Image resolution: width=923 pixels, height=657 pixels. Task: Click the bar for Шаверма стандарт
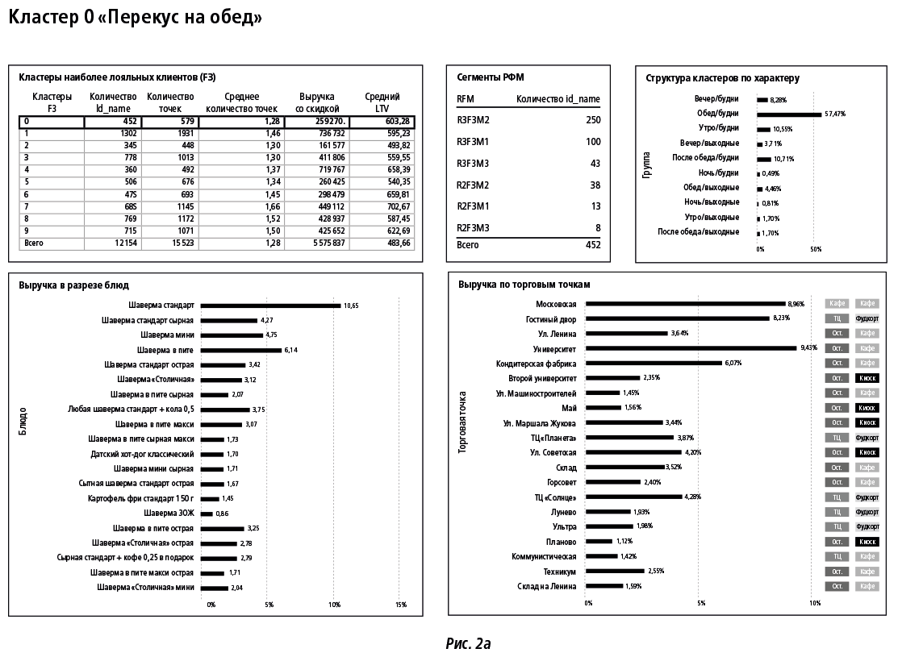pos(270,306)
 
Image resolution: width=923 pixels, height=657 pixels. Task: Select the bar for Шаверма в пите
pos(240,350)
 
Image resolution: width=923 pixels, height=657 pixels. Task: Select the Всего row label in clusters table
pos(33,243)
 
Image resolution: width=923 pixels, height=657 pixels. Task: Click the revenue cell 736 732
pos(319,134)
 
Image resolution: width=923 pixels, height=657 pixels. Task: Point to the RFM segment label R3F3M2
pos(473,119)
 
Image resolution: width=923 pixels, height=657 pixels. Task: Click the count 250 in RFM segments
pos(593,119)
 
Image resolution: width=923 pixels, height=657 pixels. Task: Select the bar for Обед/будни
pos(788,114)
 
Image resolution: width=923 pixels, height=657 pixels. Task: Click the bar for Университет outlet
pos(691,348)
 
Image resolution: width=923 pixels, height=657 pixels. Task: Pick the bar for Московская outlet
pos(685,304)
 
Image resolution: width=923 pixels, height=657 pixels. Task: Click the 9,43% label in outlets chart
pos(808,348)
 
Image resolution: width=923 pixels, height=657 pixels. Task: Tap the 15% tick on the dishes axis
pos(400,605)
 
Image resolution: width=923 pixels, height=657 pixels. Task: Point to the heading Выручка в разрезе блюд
pos(73,285)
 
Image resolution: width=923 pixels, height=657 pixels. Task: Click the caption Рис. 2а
pos(468,643)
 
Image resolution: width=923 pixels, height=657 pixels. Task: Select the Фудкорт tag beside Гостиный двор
pos(867,318)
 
